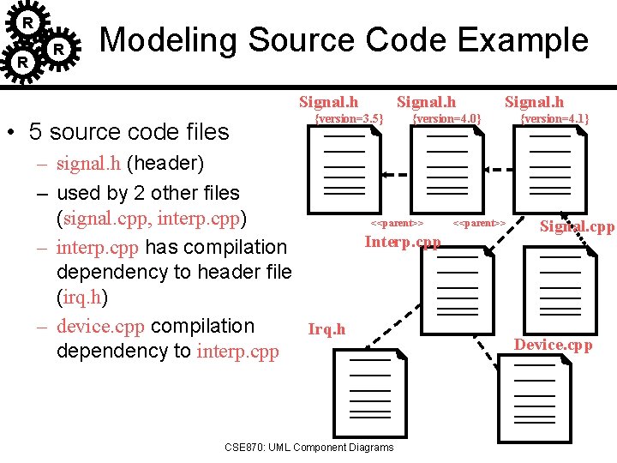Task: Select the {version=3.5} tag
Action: click(x=350, y=118)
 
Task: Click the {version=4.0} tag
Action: click(x=446, y=118)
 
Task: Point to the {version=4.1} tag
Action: click(x=554, y=118)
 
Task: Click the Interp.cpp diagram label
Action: click(x=402, y=242)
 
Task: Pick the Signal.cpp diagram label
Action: click(x=577, y=227)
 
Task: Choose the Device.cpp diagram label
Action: click(x=553, y=345)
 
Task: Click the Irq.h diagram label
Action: click(x=326, y=329)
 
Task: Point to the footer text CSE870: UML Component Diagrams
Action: click(x=308, y=447)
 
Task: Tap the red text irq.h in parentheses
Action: click(x=82, y=297)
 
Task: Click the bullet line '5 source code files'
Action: click(x=129, y=132)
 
